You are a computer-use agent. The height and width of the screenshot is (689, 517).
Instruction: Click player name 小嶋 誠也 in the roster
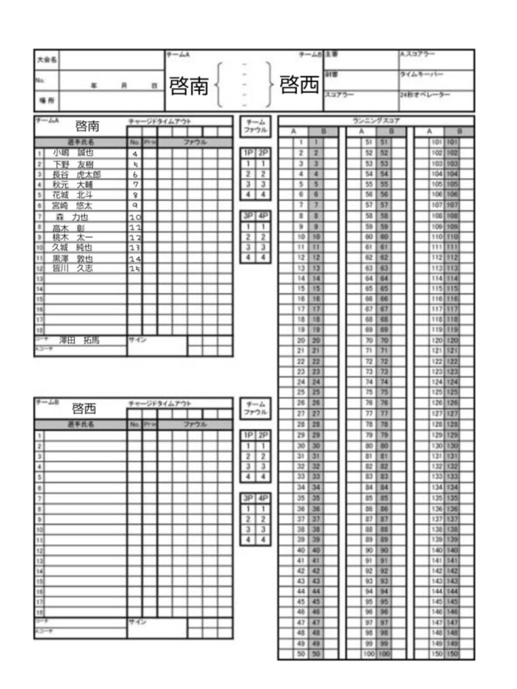pyautogui.click(x=72, y=153)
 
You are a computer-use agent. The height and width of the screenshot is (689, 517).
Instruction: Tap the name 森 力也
pyautogui.click(x=72, y=216)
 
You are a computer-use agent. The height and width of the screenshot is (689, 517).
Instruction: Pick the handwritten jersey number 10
pyautogui.click(x=135, y=217)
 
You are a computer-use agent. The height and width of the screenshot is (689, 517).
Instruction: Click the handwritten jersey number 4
pyautogui.click(x=135, y=154)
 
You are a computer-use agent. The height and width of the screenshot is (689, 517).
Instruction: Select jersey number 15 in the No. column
pyautogui.click(x=135, y=268)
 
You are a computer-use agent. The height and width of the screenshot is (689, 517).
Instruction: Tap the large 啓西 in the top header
pyautogui.click(x=299, y=86)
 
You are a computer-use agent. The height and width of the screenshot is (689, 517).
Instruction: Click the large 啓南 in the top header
pyautogui.click(x=189, y=86)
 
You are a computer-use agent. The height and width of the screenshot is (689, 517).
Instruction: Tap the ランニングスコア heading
pyautogui.click(x=376, y=120)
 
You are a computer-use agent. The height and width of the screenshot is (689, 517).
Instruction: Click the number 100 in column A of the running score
pyautogui.click(x=367, y=654)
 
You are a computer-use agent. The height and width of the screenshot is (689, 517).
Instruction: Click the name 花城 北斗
pyautogui.click(x=72, y=195)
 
